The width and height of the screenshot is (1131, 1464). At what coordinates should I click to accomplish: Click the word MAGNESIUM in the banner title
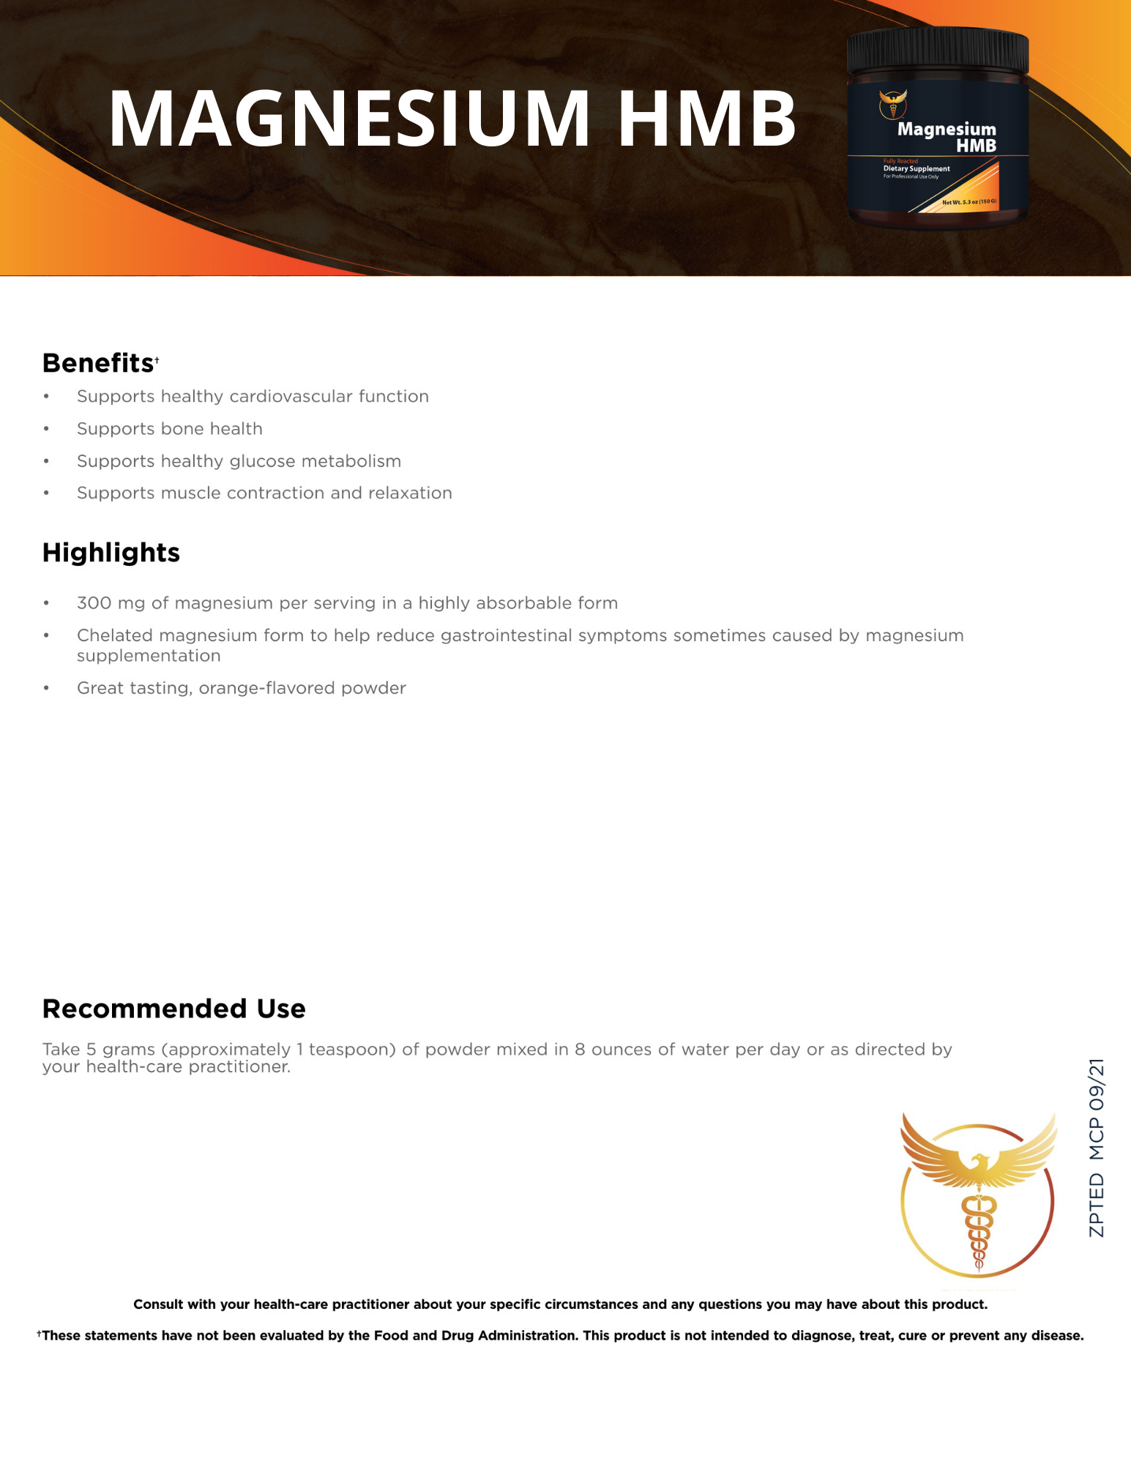pos(349,119)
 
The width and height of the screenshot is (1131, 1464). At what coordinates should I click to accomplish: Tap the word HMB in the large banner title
pos(706,119)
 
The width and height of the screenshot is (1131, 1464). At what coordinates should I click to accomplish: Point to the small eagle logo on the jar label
pos(893,103)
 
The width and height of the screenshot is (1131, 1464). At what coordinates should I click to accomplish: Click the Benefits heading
pos(97,363)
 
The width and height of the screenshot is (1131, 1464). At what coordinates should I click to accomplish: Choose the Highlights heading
pos(111,553)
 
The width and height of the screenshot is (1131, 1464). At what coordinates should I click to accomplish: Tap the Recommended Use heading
pos(173,1009)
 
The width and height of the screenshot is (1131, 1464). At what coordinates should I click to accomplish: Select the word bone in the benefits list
pos(183,429)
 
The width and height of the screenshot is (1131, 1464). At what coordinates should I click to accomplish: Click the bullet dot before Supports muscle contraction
pos(46,493)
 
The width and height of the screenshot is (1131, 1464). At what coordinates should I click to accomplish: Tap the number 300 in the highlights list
pos(94,603)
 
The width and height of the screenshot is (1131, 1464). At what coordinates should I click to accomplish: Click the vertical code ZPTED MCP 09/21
pos(1096,1148)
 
